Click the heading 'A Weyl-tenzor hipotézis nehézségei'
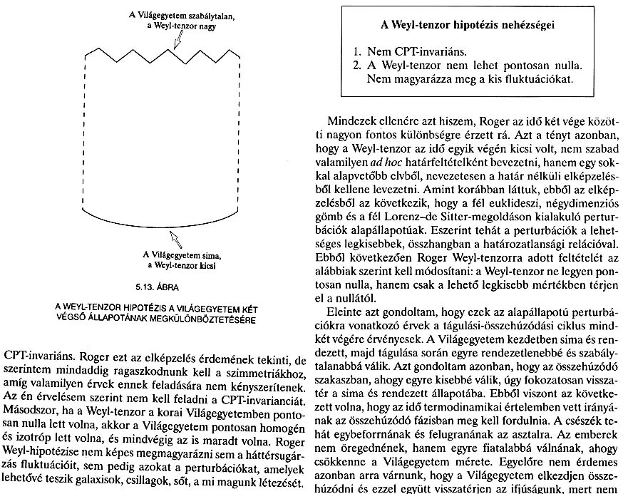469,27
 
